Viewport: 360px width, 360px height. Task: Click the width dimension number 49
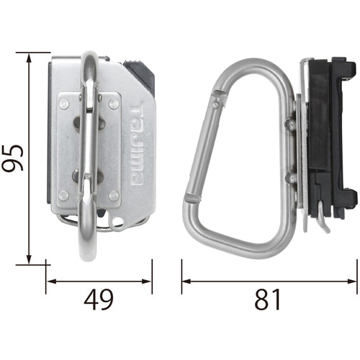tap(99, 299)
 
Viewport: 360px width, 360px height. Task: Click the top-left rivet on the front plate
tap(64, 104)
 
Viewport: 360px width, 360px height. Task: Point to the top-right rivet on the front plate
tap(114, 104)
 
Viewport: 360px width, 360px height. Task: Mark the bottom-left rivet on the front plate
tap(64, 195)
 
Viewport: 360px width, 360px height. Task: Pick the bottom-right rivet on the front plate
tap(114, 195)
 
